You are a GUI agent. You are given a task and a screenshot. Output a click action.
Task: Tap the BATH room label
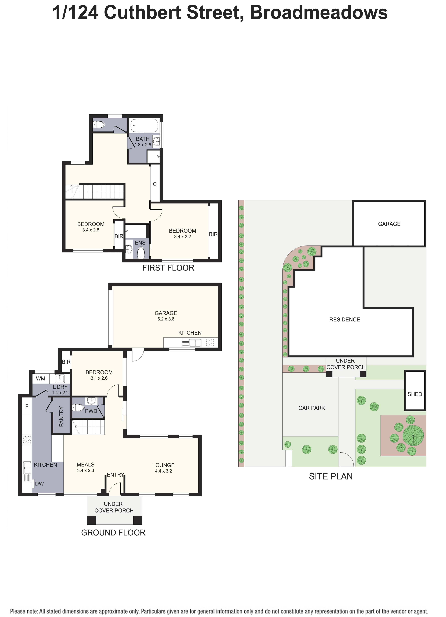[143, 139]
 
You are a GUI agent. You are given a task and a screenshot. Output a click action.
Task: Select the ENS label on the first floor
[140, 243]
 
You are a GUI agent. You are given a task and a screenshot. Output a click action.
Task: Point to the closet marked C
[155, 184]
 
